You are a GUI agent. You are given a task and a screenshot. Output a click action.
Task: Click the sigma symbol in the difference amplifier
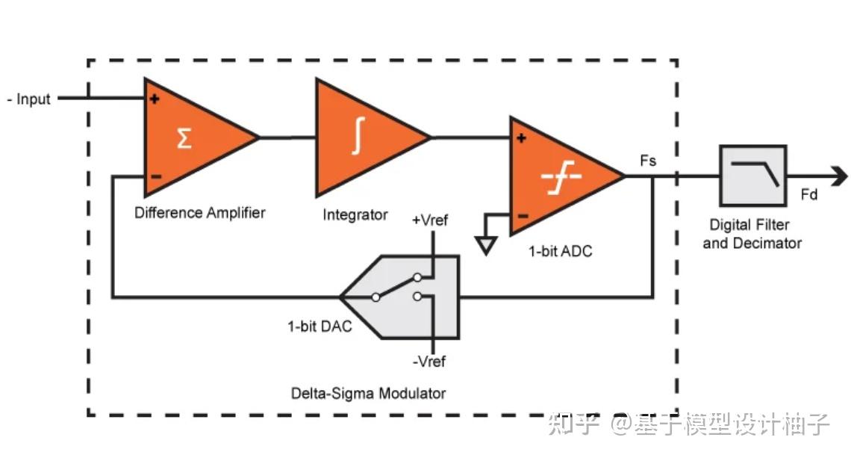point(184,138)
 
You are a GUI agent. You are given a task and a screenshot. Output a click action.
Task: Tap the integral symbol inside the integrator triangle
point(358,137)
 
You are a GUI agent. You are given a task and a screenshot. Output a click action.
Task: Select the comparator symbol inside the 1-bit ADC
point(555,177)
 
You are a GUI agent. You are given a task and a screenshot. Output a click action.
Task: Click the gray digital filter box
point(752,176)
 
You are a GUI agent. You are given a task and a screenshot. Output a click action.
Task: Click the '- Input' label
point(29,99)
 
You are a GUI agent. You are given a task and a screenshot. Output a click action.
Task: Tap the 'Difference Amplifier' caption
point(199,213)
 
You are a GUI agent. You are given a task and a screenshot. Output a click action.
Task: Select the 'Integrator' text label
point(355,215)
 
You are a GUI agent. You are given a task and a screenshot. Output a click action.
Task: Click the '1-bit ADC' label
point(560,252)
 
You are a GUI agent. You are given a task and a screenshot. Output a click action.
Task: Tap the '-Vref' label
point(428,362)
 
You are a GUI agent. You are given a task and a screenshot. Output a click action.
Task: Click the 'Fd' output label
point(808,195)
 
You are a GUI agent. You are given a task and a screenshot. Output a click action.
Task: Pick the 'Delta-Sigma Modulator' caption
point(368,393)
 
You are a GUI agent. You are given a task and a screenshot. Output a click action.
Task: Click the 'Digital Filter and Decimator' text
point(751,234)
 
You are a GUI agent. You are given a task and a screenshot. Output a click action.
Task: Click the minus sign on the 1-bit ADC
point(523,216)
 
